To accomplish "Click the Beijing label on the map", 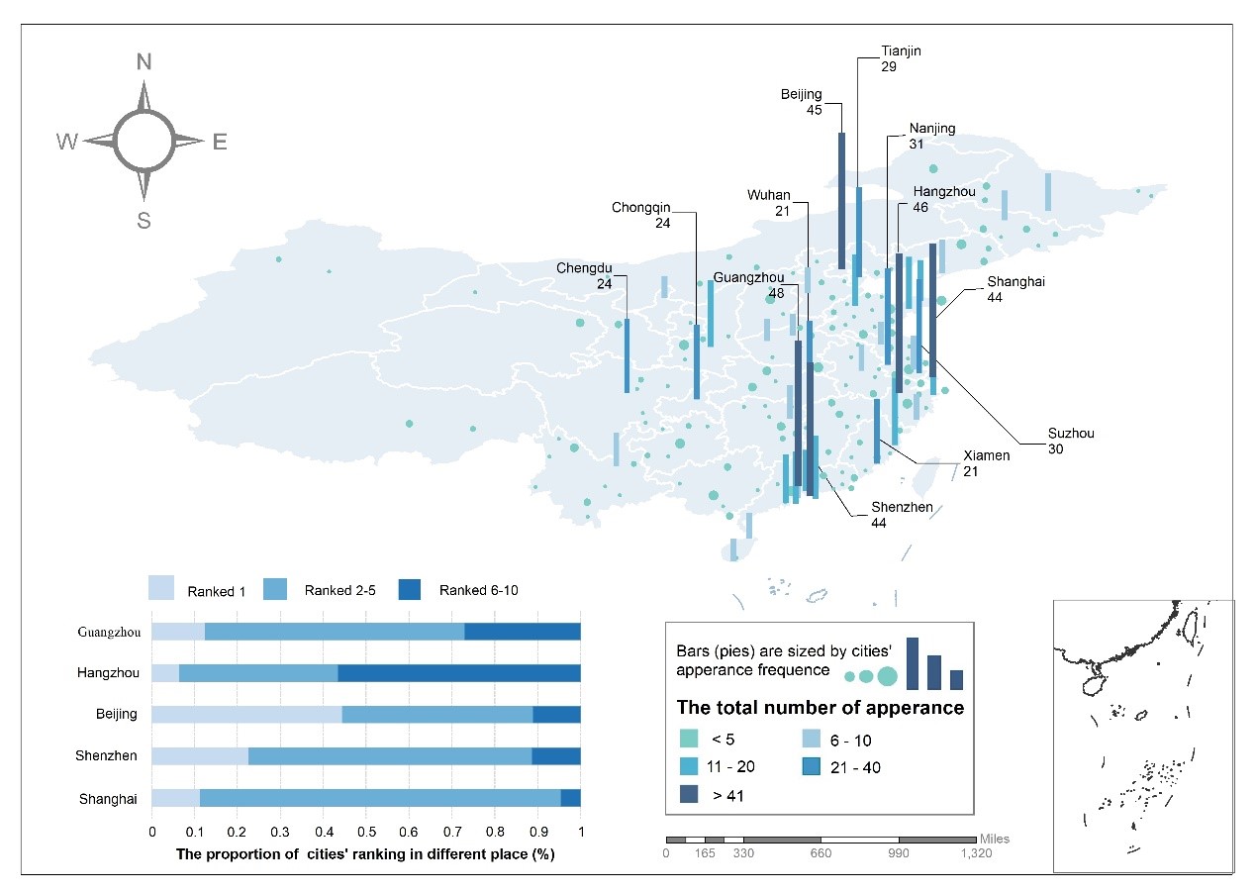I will coord(802,95).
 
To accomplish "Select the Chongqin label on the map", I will coord(641,208).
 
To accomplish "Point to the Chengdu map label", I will coord(584,268).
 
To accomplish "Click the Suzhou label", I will coord(1071,434).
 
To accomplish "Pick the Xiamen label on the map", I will coord(987,456).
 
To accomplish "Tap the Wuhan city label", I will coord(768,196).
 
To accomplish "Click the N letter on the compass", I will coord(144,62).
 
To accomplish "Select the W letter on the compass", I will coord(67,142).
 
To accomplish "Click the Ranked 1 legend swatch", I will coord(161,589).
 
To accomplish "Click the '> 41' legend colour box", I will coord(690,793).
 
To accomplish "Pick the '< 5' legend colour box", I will coord(690,740).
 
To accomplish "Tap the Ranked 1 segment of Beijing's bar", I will coord(246,714).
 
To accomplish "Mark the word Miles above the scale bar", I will coord(995,839).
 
